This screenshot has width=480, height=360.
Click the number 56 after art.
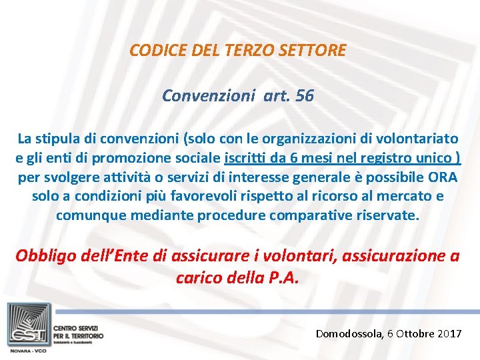click(303, 96)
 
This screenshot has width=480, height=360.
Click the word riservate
click(383, 216)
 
